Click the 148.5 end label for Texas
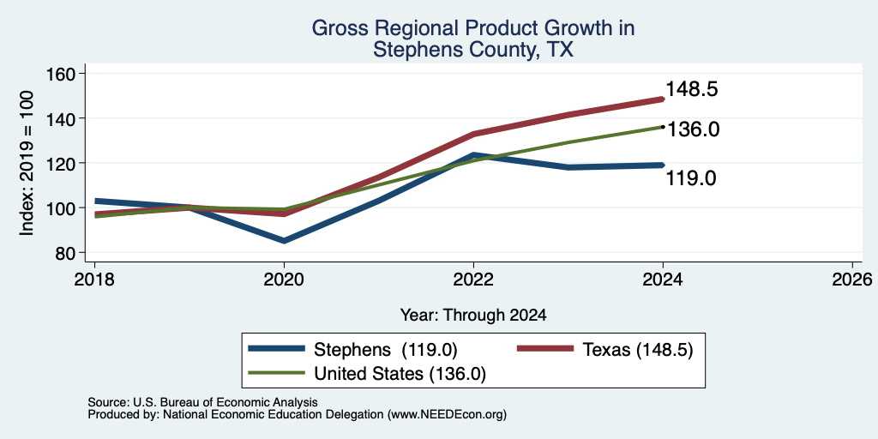coord(692,89)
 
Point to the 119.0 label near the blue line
coord(691,178)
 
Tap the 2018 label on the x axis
coord(94,280)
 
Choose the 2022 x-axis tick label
coord(473,280)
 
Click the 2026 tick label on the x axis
coord(852,280)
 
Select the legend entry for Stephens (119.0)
coord(353,350)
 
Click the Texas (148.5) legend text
coord(638,350)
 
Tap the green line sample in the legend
coord(277,374)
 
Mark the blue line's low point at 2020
coord(284,241)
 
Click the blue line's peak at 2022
coord(473,154)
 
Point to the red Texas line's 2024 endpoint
coord(663,99)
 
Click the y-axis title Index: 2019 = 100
coord(27,163)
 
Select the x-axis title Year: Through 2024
coord(473,316)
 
